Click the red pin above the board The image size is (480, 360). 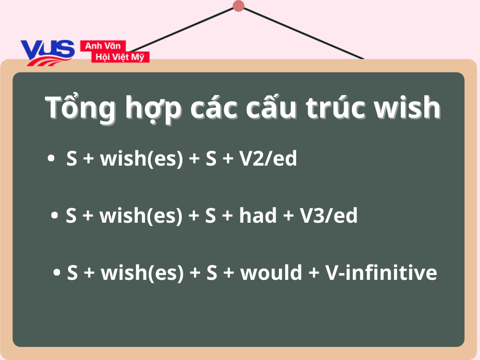[x=239, y=6]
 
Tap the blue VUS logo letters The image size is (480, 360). [x=48, y=50]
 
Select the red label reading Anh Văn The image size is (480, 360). [x=103, y=46]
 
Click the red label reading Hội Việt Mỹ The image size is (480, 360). [x=120, y=57]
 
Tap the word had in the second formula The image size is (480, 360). [x=258, y=216]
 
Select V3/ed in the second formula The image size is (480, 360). [x=329, y=216]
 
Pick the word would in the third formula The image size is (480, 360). [x=271, y=273]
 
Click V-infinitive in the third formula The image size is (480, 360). [x=381, y=273]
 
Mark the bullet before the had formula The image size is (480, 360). [x=55, y=216]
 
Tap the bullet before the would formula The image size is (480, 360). [x=57, y=273]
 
